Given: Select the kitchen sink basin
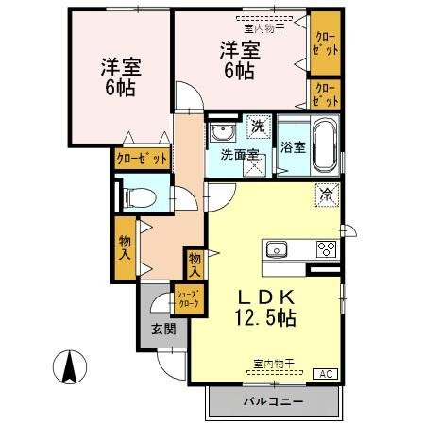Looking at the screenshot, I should [278, 249].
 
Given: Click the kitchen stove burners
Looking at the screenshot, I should [326, 249].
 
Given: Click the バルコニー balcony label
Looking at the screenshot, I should [273, 402].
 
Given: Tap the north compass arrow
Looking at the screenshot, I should [70, 366].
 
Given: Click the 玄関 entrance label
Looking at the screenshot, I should [163, 329].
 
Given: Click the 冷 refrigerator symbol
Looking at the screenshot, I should [326, 195].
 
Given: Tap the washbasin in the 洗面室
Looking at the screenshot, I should [223, 132].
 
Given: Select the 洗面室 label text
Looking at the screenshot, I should [240, 154].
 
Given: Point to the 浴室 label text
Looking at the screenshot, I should [293, 147].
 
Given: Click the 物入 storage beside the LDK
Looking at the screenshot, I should [195, 263].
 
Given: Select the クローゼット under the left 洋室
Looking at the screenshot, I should [143, 159].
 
